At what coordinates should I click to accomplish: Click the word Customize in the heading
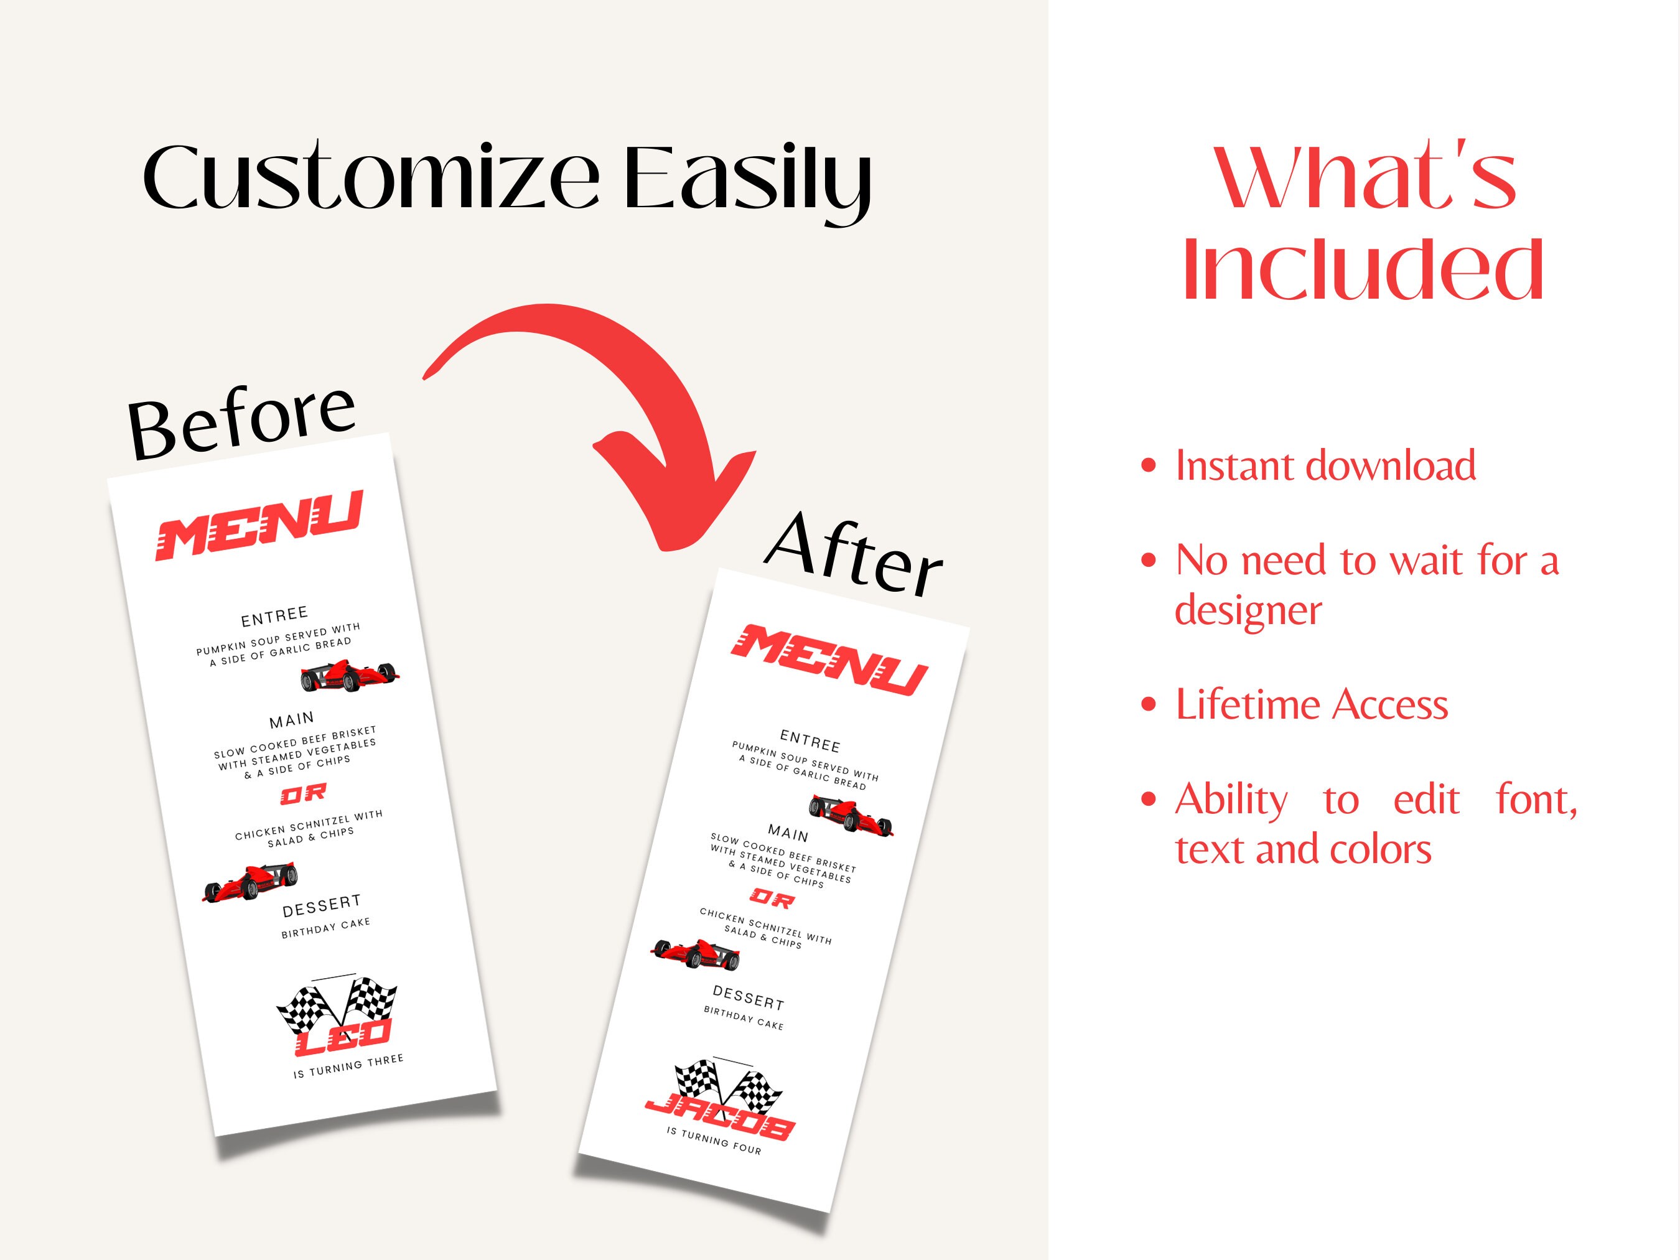(371, 176)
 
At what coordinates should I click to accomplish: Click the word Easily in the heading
(747, 182)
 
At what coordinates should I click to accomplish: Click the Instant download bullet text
(1325, 465)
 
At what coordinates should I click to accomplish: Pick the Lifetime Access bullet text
(1312, 704)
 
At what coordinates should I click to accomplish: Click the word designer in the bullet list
(1248, 610)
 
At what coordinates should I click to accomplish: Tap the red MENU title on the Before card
(259, 526)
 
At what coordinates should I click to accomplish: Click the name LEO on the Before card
(343, 1037)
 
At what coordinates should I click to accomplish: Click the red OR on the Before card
(303, 795)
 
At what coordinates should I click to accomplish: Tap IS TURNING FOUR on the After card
(714, 1140)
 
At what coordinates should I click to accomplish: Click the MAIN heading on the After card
(788, 833)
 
